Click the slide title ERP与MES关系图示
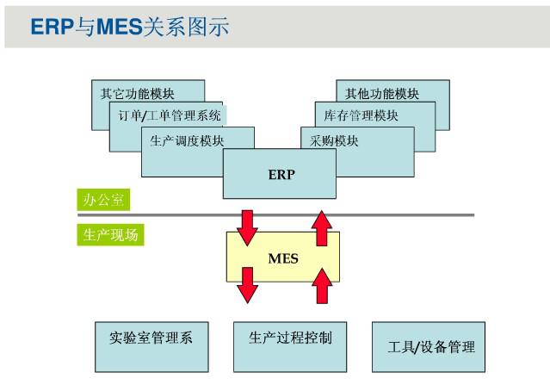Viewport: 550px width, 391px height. coord(130,27)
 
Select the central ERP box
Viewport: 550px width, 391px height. coord(280,174)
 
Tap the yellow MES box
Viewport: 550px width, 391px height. coord(283,257)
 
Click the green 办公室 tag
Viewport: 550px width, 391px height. coord(103,200)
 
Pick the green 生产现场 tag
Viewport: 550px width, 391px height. coord(110,235)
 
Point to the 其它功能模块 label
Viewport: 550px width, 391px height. coord(137,94)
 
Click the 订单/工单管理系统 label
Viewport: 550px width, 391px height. coord(170,115)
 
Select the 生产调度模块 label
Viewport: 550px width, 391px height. coord(187,140)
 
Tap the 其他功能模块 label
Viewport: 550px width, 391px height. coord(381,94)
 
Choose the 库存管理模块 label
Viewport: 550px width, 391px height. coord(361,115)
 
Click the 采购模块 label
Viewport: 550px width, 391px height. coord(334,140)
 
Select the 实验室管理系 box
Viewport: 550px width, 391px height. coord(151,347)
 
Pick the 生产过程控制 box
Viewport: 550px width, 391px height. coord(290,347)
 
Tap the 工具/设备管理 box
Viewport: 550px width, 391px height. coord(429,347)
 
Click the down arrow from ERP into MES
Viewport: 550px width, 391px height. coord(247,228)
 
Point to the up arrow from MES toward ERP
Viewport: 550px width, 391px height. coord(322,228)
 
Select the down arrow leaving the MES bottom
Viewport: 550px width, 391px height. coord(247,285)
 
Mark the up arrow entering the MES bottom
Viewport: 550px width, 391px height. coord(322,286)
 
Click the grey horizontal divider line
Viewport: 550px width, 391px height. coord(275,214)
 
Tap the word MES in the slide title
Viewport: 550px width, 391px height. coord(120,27)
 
